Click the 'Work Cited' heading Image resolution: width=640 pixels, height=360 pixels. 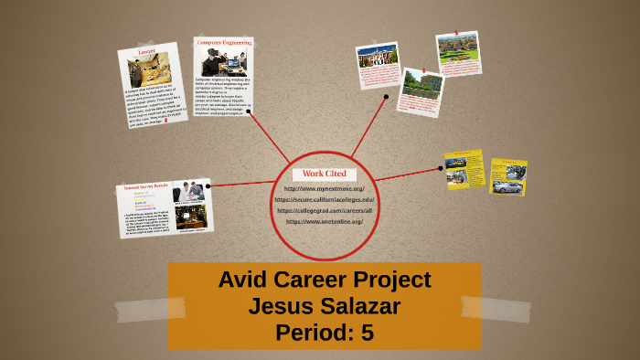tap(324, 174)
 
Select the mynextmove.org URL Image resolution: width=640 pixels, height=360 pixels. tap(325, 189)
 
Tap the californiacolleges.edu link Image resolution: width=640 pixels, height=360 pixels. tap(325, 200)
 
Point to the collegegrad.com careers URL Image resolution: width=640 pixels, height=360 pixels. tap(325, 211)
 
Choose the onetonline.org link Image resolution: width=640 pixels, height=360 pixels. tap(325, 222)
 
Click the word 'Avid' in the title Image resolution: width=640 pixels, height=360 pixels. tap(242, 281)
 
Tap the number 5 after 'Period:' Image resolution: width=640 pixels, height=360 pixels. tap(368, 334)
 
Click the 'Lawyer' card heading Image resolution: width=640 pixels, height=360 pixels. tap(146, 54)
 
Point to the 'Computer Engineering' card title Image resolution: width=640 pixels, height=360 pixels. tap(223, 43)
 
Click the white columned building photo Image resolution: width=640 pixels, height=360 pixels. tap(378, 57)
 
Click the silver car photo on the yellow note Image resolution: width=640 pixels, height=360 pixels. tap(507, 186)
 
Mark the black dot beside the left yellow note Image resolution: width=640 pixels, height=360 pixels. tap(441, 168)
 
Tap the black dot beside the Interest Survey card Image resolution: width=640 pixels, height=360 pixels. tap(209, 185)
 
